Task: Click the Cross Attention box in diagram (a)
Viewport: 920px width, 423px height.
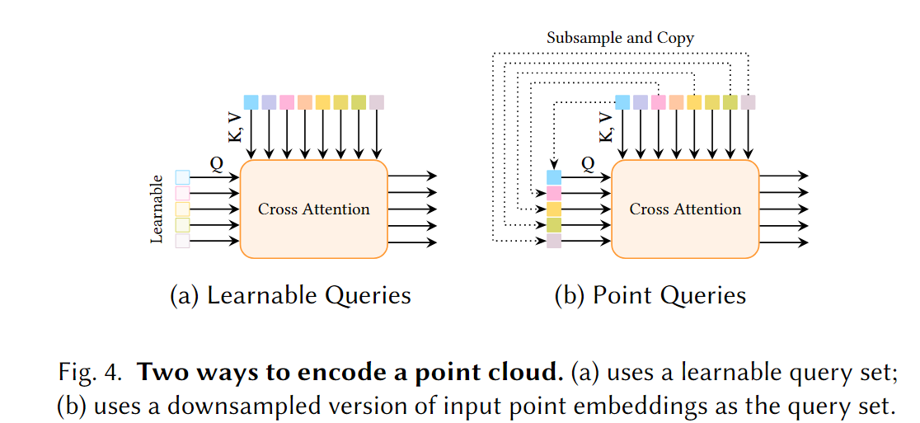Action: pos(313,209)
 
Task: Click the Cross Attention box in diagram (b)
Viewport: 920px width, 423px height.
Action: pos(685,209)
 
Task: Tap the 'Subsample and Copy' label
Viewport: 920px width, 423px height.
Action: pos(621,38)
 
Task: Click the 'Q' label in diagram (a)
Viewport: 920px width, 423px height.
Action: pos(216,164)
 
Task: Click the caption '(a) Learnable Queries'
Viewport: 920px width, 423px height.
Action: pos(290,295)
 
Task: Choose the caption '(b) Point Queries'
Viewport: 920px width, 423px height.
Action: pos(650,295)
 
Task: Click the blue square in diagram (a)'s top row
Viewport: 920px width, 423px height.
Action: pos(251,102)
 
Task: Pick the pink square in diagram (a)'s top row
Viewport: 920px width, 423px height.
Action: pos(287,102)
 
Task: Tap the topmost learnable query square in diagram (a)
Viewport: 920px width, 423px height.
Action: pos(182,177)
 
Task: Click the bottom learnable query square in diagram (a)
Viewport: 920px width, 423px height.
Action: pos(182,241)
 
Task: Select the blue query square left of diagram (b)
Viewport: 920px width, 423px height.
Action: pos(554,177)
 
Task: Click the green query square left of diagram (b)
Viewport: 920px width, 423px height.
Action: pos(554,224)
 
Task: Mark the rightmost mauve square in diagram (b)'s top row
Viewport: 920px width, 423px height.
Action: pos(748,102)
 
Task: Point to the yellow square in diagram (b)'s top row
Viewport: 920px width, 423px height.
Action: pos(694,102)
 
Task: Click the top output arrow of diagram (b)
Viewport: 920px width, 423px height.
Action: pos(783,176)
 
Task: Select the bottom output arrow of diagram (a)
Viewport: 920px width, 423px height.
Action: pos(411,242)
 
